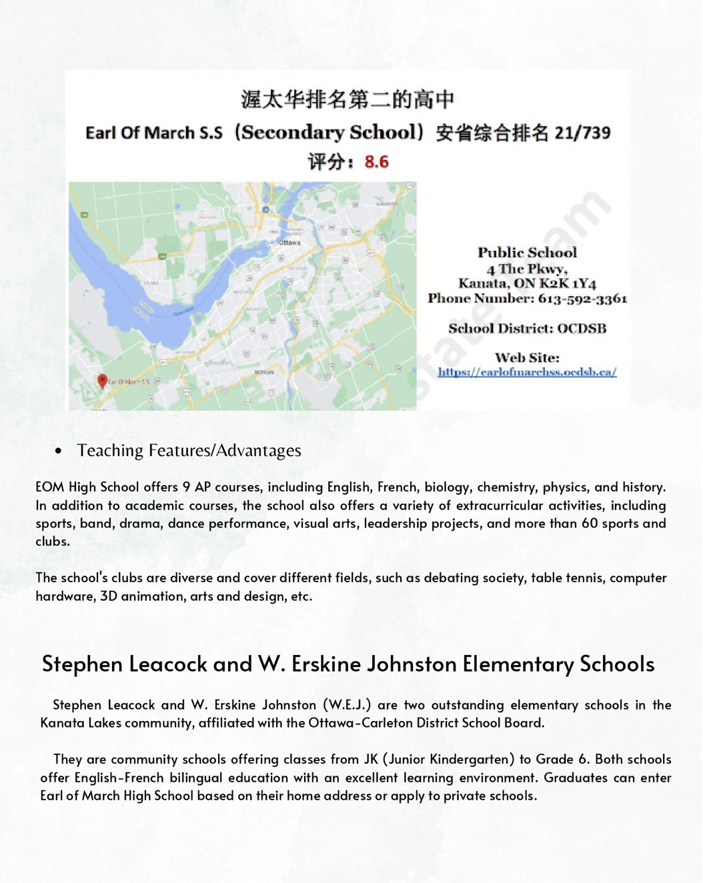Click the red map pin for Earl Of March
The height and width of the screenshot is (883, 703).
(x=102, y=381)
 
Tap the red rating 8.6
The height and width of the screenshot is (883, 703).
(x=376, y=161)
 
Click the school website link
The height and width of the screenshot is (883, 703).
(x=527, y=372)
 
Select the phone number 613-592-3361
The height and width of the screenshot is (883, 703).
(x=582, y=298)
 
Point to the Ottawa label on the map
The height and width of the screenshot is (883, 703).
(x=289, y=242)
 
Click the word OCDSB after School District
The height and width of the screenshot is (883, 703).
(x=582, y=328)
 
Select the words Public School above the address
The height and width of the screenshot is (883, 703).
(x=527, y=252)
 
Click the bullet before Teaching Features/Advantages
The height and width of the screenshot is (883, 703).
(x=59, y=452)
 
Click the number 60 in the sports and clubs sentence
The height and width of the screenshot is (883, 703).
(x=590, y=524)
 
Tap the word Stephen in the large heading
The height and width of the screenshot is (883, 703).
(x=82, y=664)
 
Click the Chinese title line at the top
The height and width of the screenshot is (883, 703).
(x=347, y=99)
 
